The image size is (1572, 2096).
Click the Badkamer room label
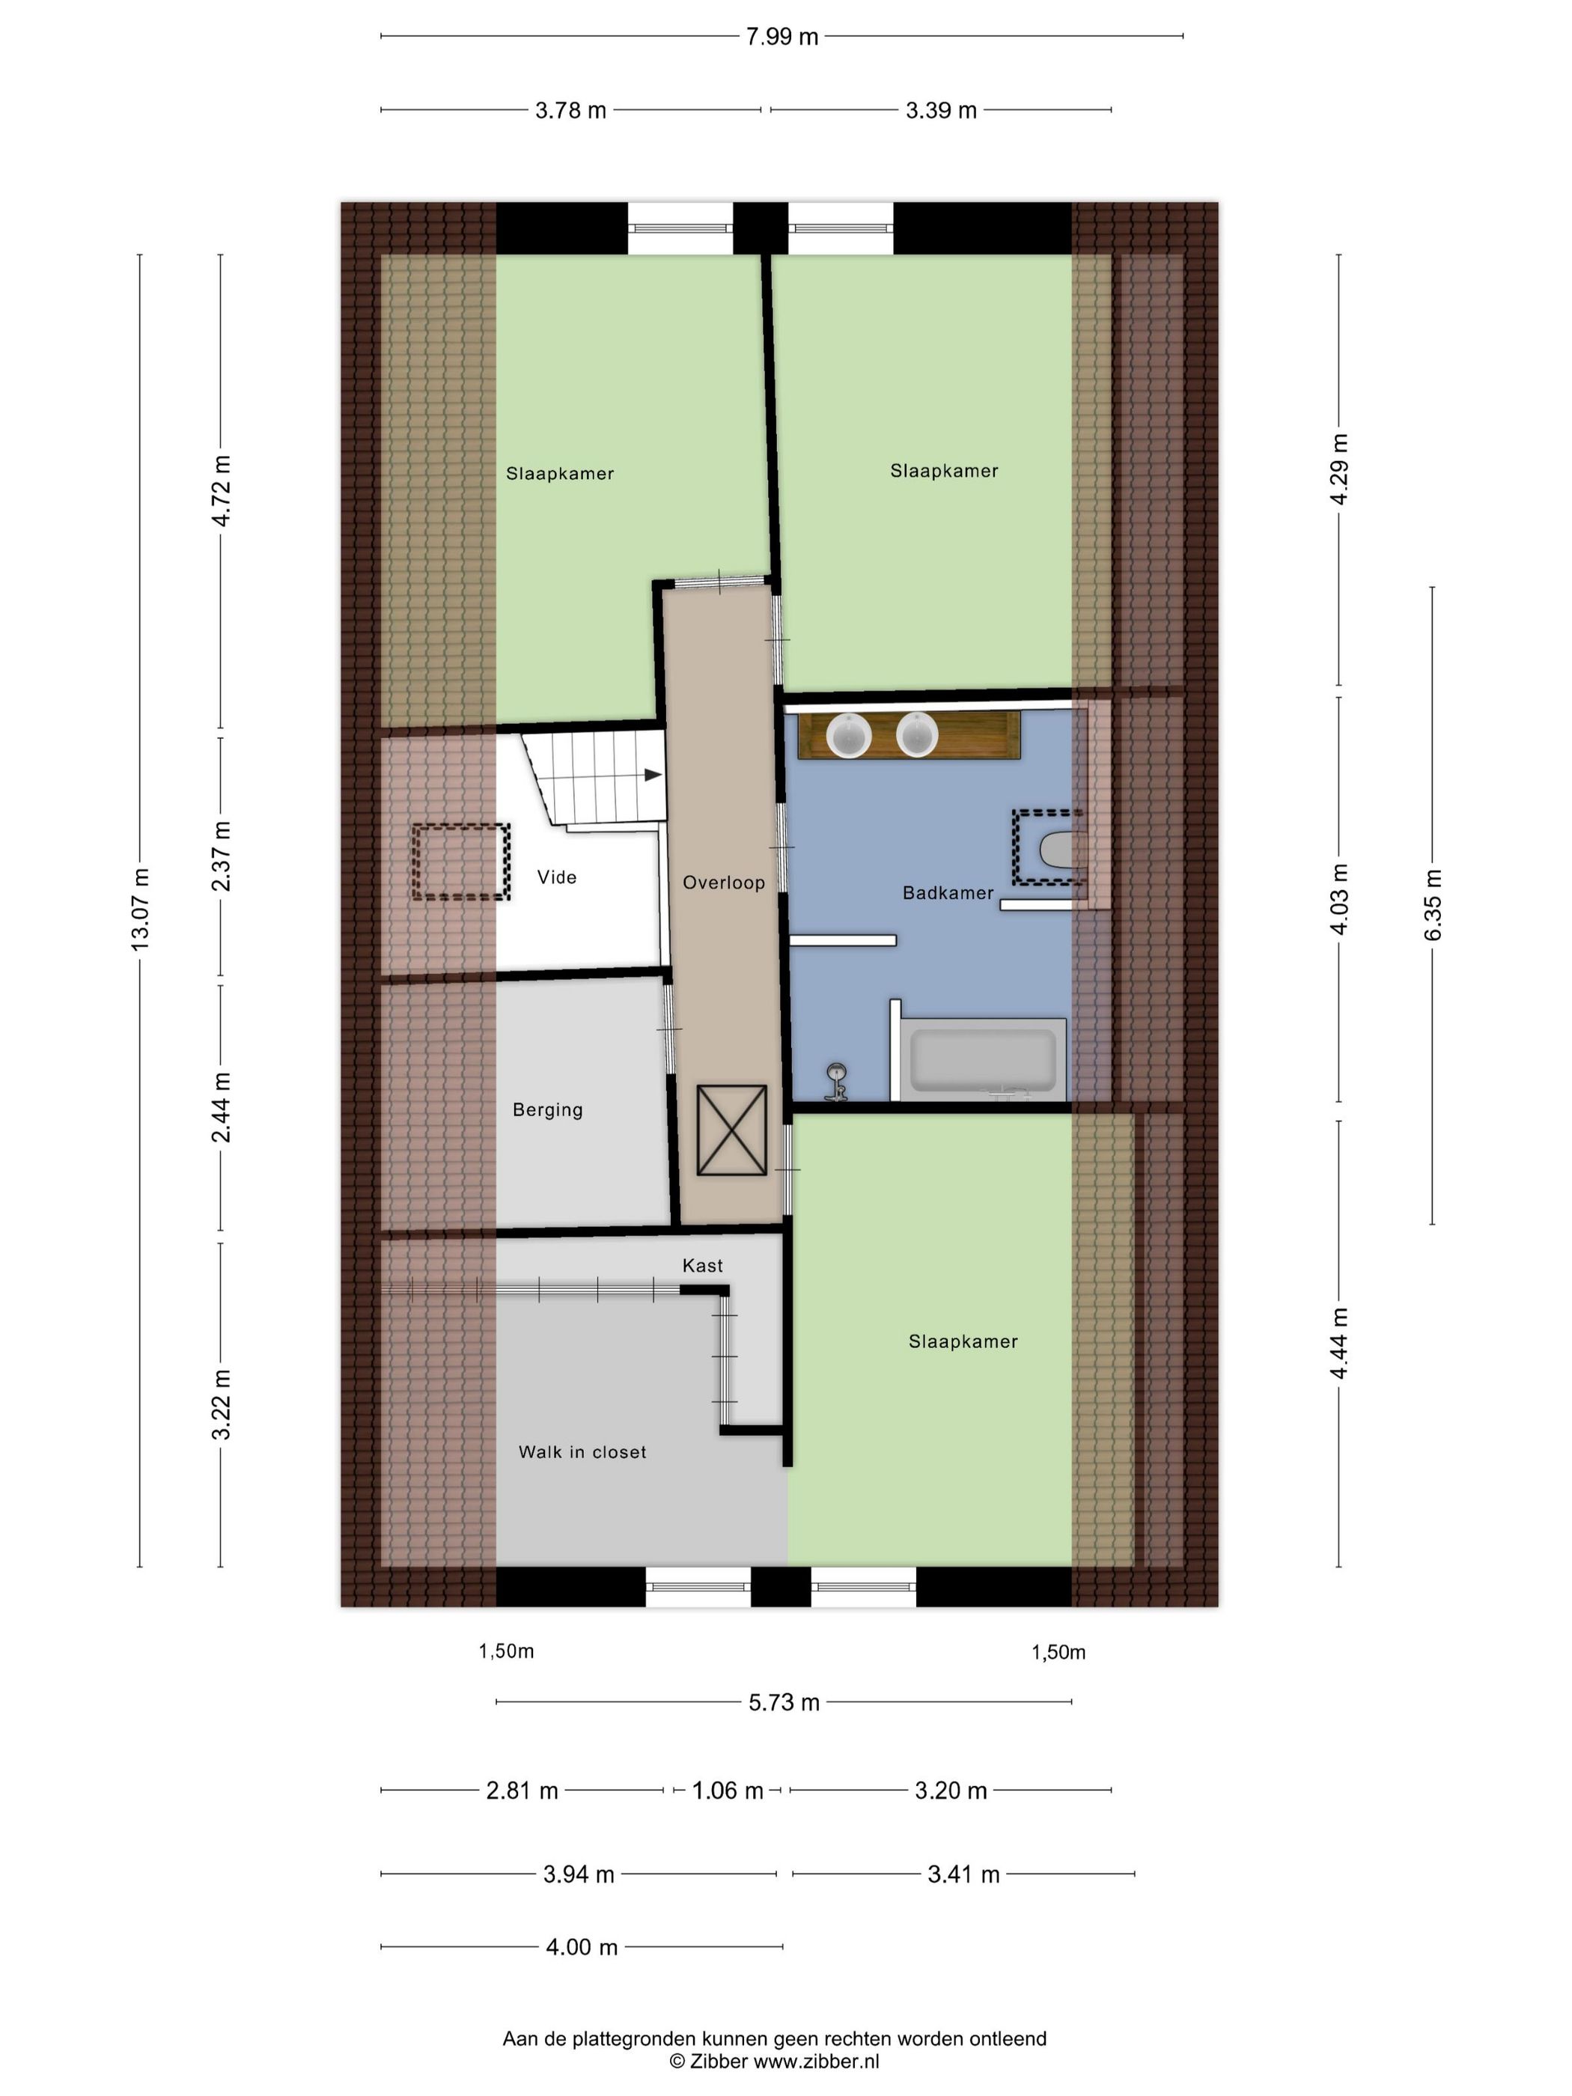(948, 892)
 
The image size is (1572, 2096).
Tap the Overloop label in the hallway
(724, 882)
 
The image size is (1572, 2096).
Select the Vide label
(556, 877)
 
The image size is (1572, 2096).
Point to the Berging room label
(548, 1109)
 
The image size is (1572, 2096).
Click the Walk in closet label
(582, 1451)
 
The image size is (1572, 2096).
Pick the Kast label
(702, 1265)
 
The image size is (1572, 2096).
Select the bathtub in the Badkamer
(983, 1059)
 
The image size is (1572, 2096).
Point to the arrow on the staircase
(653, 775)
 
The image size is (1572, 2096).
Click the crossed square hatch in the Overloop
(731, 1130)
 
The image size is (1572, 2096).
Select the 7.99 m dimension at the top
(782, 37)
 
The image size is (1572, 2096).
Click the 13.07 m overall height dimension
(140, 910)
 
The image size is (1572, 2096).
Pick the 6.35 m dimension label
(1433, 905)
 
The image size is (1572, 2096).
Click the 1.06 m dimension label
(728, 1791)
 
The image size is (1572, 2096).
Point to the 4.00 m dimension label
(582, 1947)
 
